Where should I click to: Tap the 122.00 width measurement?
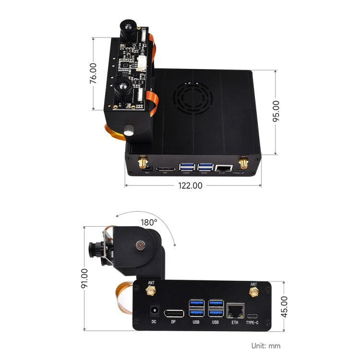191,185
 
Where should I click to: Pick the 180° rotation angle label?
149,222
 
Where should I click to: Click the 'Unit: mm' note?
265,346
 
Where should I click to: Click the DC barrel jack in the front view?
155,310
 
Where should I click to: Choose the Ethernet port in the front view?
234,310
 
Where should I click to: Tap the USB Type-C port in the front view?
252,315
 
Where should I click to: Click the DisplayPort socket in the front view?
173,314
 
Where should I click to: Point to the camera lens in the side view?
93,248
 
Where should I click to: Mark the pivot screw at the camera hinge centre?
140,245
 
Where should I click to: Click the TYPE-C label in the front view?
252,322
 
